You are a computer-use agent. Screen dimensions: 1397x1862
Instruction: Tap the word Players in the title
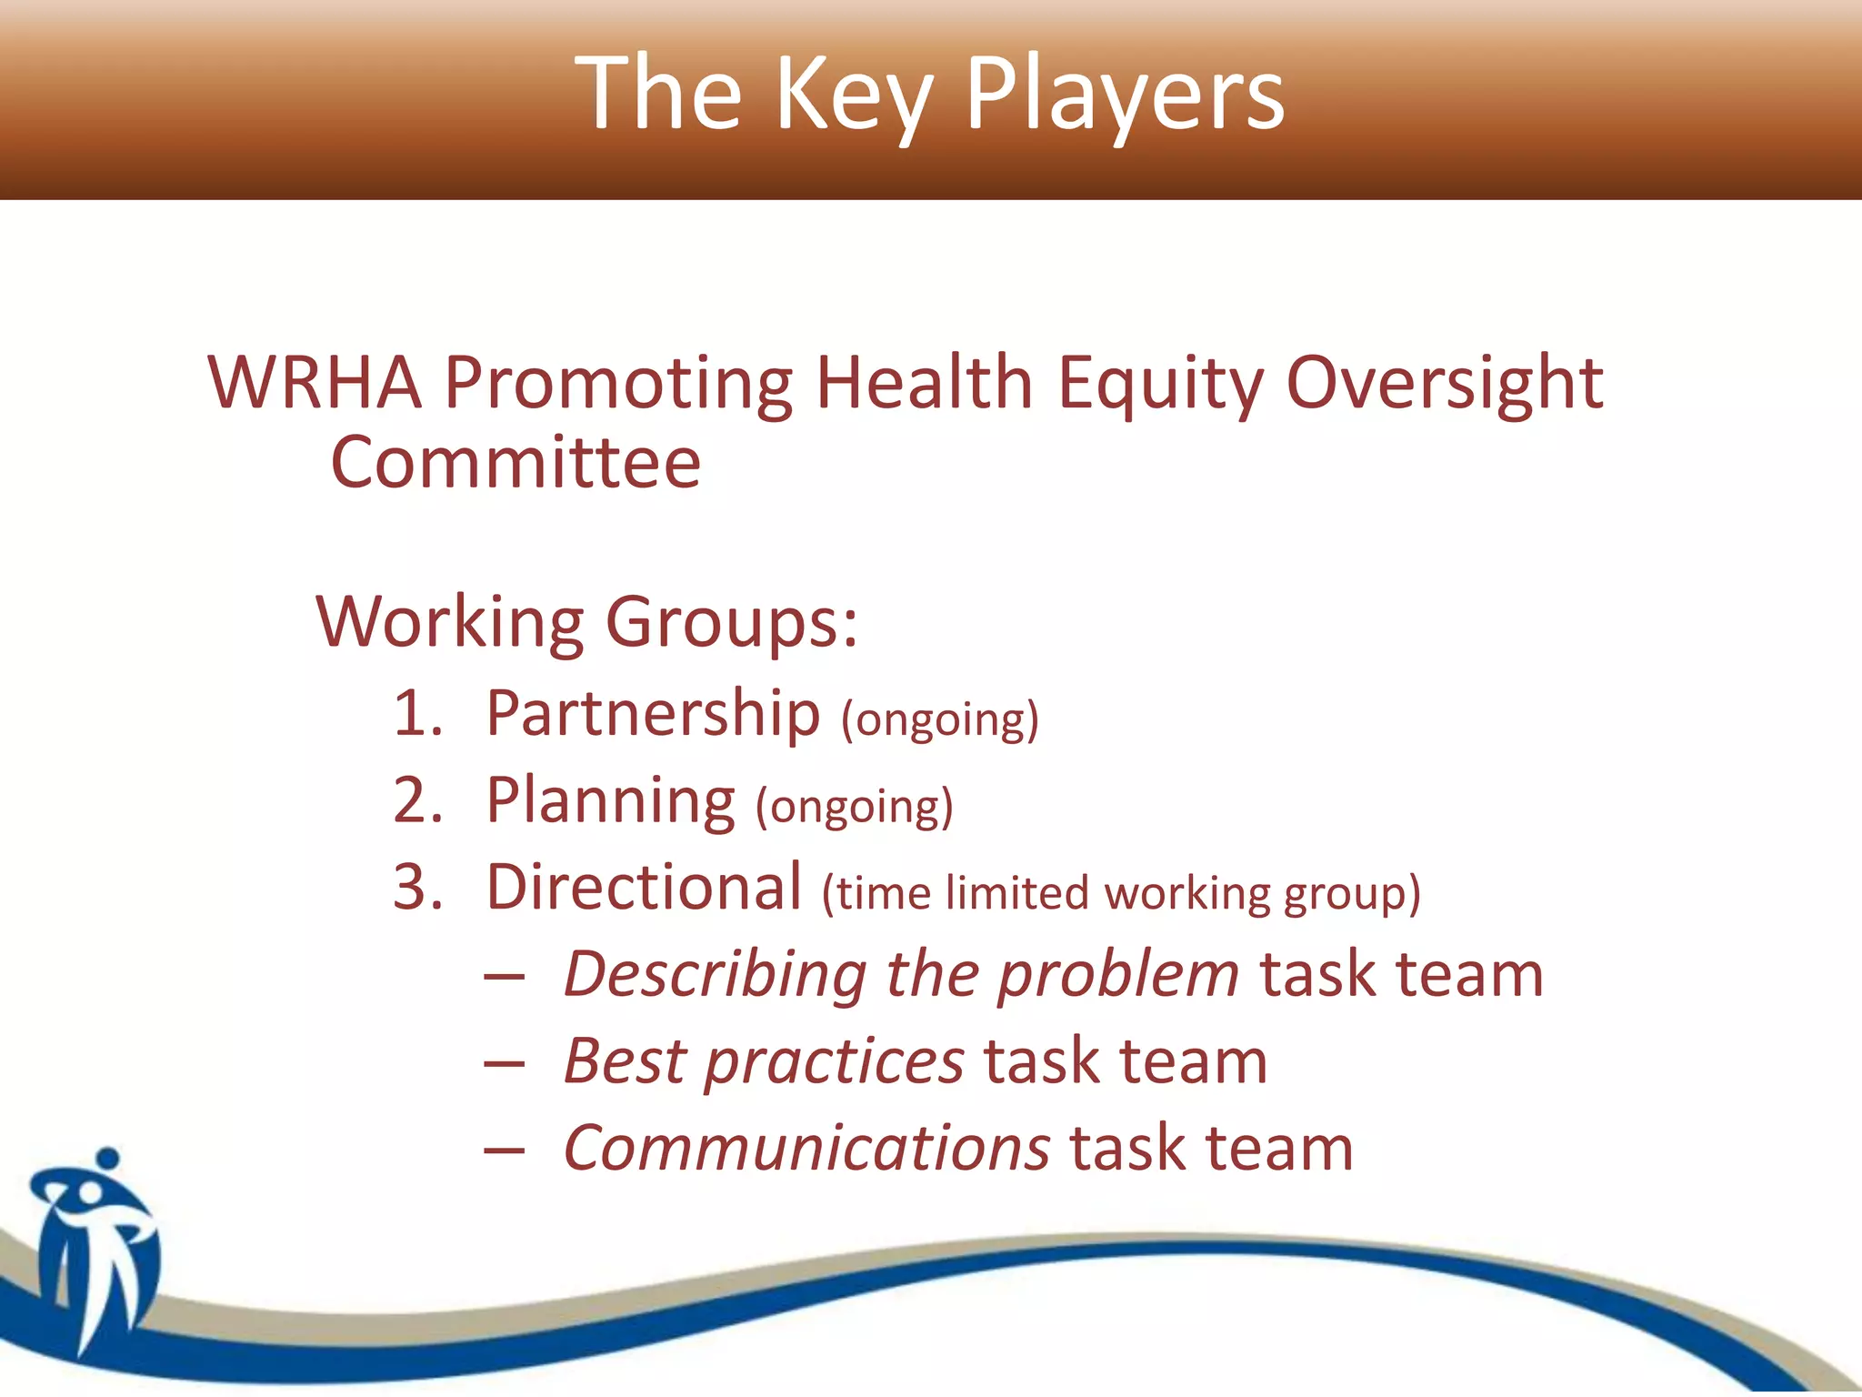click(1124, 94)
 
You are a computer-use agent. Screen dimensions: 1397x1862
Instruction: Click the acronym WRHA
click(315, 383)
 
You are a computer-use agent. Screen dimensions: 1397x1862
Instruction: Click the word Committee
click(516, 463)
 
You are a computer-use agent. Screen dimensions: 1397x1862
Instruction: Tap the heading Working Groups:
click(586, 623)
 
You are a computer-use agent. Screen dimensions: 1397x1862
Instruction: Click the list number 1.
click(416, 713)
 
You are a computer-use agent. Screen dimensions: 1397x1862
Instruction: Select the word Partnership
click(653, 715)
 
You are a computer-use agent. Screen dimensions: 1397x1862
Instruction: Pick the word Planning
click(610, 802)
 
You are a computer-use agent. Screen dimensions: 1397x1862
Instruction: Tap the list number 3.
click(416, 888)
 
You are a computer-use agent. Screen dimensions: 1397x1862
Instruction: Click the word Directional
click(644, 888)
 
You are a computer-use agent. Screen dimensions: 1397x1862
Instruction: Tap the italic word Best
click(625, 1061)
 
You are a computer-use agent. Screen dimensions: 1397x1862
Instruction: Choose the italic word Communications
click(806, 1149)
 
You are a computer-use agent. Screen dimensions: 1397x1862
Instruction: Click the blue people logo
click(95, 1246)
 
